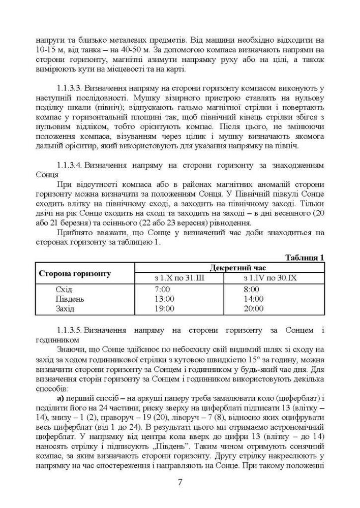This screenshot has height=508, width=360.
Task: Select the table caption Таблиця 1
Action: pos(305,258)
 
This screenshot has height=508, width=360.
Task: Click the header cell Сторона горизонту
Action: pos(75,273)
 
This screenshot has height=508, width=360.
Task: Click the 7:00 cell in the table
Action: pos(164,290)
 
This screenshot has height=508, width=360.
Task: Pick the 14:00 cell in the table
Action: pos(254,299)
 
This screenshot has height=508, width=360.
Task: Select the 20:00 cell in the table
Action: pos(254,308)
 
